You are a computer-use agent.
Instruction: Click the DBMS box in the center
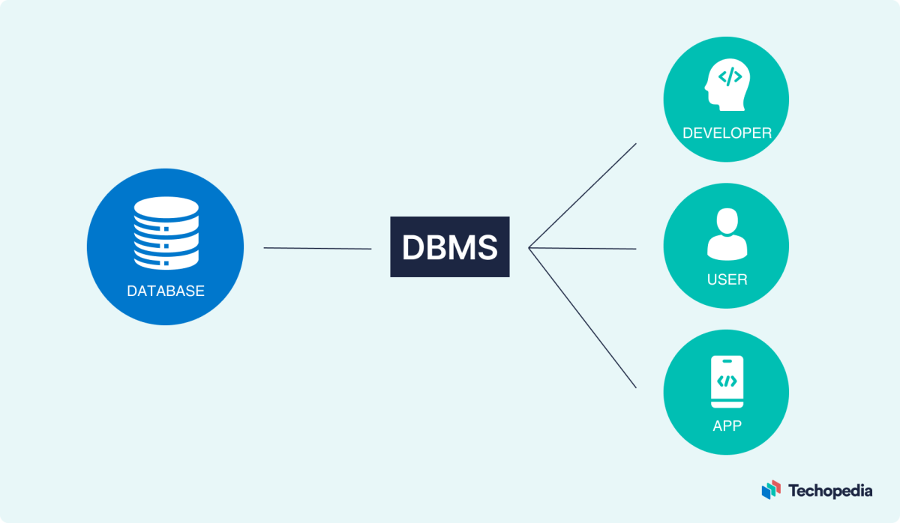click(449, 247)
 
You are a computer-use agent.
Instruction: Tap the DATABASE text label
click(165, 291)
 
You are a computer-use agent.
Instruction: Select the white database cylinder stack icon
click(166, 233)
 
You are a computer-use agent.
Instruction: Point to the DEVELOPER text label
click(726, 133)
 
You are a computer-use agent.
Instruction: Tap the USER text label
click(726, 279)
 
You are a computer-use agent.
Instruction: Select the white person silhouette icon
click(726, 234)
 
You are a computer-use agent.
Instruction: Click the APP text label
click(726, 426)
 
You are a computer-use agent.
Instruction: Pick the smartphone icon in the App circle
click(726, 382)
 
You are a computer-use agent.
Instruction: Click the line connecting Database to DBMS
click(317, 248)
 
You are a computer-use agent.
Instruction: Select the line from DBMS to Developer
click(583, 195)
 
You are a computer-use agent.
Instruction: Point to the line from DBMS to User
click(583, 248)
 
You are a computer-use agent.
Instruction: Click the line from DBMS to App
click(583, 318)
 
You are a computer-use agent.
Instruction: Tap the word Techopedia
click(829, 491)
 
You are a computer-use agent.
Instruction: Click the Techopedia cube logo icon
click(771, 490)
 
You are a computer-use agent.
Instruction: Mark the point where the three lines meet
click(529, 247)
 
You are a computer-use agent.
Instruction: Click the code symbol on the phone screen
click(726, 381)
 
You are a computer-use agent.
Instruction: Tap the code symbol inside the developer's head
click(730, 77)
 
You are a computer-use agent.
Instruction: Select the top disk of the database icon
click(166, 207)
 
